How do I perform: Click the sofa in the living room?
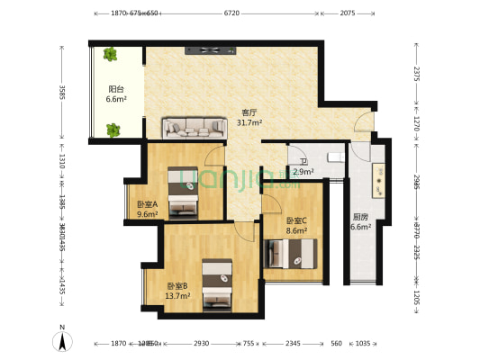[195, 129]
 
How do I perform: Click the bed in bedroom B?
[216, 283]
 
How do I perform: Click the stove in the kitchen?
[379, 180]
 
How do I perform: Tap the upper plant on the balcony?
[111, 55]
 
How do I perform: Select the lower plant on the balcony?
[113, 130]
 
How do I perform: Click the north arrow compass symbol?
[60, 340]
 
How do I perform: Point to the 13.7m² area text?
[177, 295]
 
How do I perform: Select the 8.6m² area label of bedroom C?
[296, 230]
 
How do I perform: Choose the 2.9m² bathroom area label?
[303, 171]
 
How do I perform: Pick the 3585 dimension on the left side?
[62, 93]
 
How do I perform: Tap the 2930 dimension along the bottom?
[201, 344]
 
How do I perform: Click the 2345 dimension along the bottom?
[294, 344]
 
